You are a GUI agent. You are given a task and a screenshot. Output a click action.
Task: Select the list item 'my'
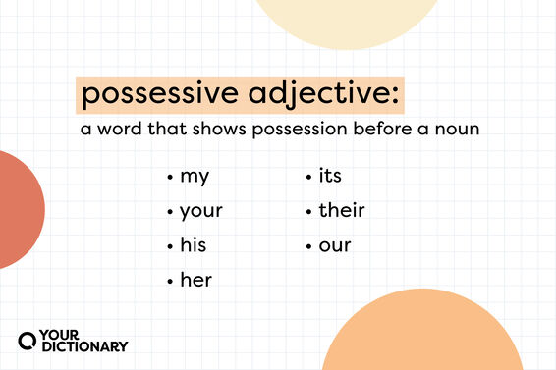(195, 178)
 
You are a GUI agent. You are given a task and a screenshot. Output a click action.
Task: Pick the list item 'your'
(201, 211)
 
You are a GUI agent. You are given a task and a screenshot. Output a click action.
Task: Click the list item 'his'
(194, 244)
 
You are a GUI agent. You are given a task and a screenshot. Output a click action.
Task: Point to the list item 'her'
(195, 280)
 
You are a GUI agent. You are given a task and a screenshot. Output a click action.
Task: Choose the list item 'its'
(330, 178)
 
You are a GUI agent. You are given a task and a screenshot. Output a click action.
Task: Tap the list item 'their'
(341, 211)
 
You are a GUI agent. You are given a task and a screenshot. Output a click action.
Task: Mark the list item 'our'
(335, 244)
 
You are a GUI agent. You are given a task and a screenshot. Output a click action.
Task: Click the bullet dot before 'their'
(309, 212)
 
